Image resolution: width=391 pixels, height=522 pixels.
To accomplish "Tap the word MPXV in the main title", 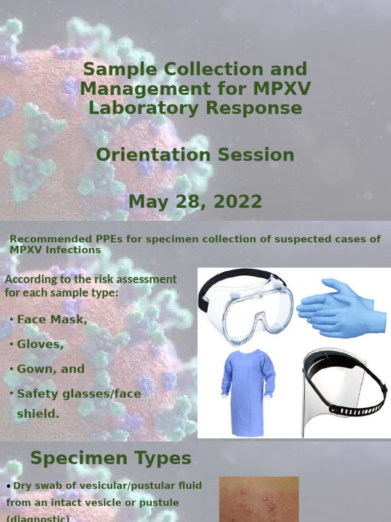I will pyautogui.click(x=278, y=89).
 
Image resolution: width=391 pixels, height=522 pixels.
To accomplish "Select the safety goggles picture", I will pyautogui.click(x=246, y=305).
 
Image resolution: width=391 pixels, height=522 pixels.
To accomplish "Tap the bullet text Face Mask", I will pyautogui.click(x=52, y=320).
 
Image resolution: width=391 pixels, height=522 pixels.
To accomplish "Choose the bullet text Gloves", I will pyautogui.click(x=40, y=344).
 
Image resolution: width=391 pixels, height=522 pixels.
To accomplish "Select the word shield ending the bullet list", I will pyautogui.click(x=38, y=413).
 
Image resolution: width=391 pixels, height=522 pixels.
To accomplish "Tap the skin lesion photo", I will pyautogui.click(x=259, y=500).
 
